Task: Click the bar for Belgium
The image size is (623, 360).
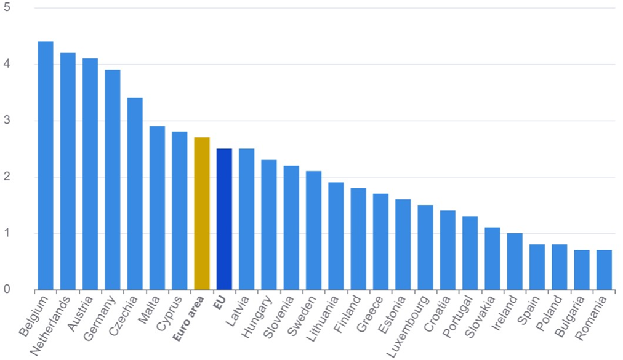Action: [x=46, y=166]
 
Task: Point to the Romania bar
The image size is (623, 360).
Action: [x=604, y=270]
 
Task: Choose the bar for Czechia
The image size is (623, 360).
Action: [x=135, y=194]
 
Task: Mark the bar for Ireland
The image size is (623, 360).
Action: [x=515, y=262]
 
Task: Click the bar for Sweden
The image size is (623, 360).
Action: [x=313, y=231]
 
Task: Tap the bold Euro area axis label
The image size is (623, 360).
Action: [x=189, y=314]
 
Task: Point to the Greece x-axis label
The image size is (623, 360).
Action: [x=371, y=311]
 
